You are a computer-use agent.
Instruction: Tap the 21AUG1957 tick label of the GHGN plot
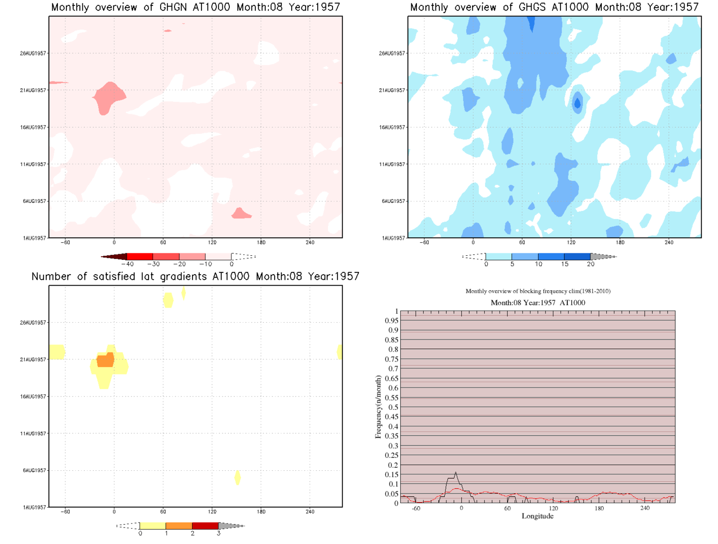tap(33, 90)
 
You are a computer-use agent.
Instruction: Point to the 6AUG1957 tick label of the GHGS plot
tap(393, 201)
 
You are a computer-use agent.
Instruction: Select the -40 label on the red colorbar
tap(128, 264)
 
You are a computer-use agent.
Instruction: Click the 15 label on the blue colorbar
tap(564, 264)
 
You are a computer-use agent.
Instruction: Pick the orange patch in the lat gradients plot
tap(105, 360)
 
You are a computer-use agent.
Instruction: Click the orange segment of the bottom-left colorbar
tap(179, 526)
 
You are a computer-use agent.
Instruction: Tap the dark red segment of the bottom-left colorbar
tap(205, 526)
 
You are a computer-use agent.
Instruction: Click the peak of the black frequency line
tap(455, 472)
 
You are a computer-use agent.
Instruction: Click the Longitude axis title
tap(538, 516)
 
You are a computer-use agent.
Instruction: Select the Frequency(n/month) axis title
tap(378, 407)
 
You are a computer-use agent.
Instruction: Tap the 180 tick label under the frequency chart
tap(599, 508)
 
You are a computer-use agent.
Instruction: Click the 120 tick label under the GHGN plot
tap(212, 242)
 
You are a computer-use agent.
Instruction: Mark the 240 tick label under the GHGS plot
tap(669, 242)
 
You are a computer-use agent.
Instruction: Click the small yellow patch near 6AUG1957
tap(237, 477)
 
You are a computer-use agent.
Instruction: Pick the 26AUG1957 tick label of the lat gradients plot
tap(33, 323)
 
